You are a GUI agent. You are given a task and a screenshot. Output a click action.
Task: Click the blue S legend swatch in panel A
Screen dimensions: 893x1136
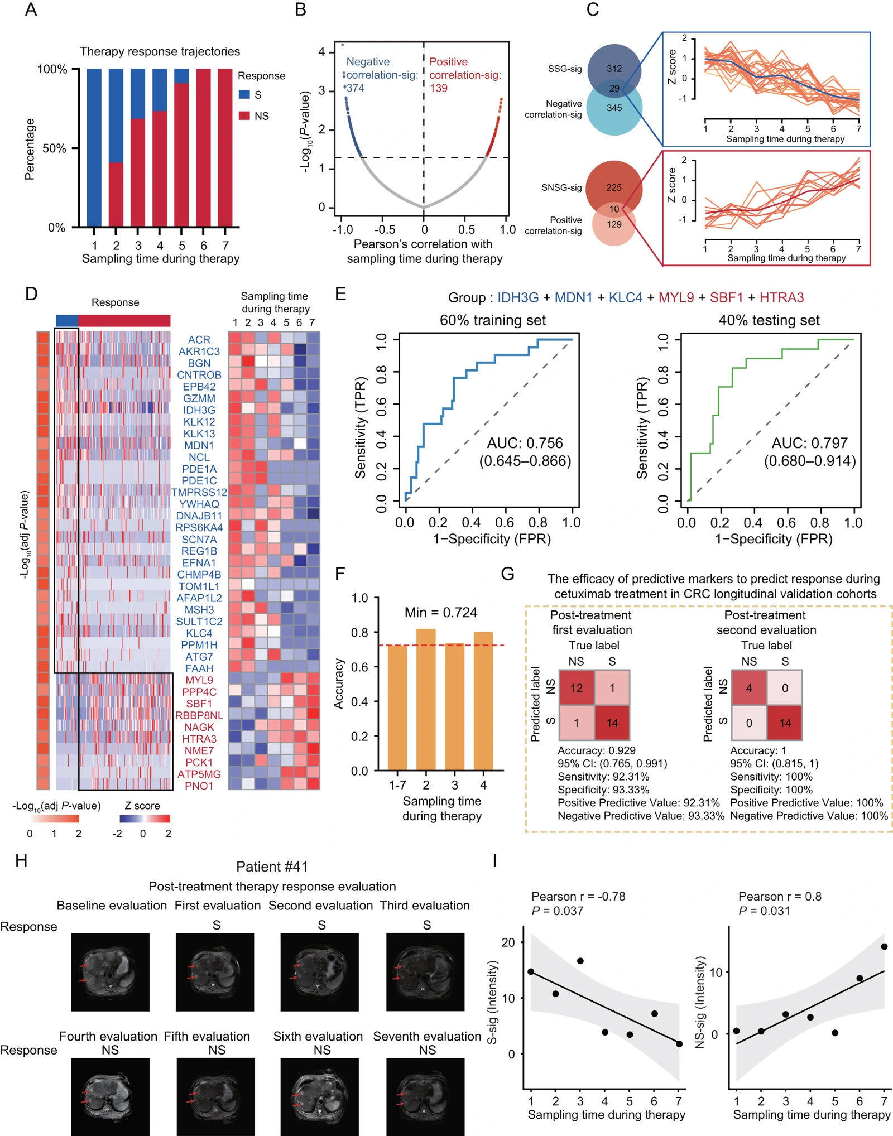coord(244,94)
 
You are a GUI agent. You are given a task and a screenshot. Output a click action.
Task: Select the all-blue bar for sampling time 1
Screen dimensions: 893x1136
coord(94,148)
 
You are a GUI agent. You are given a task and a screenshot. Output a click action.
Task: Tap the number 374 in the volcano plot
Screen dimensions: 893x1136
coord(355,88)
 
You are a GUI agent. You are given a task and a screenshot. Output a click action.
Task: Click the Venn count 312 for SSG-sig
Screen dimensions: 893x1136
coord(614,69)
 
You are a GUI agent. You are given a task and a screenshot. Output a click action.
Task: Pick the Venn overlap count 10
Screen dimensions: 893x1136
coord(614,209)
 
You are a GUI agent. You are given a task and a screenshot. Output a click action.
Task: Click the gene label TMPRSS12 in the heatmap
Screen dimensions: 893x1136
coord(199,492)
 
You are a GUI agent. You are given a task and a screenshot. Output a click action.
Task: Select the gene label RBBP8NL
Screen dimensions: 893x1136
coord(199,715)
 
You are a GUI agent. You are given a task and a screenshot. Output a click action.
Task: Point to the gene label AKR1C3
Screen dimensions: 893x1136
coord(199,352)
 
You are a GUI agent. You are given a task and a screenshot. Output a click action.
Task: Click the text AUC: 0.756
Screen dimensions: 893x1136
coord(525,443)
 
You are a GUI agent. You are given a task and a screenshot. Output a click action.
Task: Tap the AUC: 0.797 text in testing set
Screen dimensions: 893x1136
coord(810,443)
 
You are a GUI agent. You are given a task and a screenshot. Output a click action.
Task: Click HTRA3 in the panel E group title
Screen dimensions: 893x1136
coord(781,297)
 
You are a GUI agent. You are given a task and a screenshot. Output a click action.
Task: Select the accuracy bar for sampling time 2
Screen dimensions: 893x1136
coord(426,700)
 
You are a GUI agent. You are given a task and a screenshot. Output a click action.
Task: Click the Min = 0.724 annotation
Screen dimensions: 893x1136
coord(441,613)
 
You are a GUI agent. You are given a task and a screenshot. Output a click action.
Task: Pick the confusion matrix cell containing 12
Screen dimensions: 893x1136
coord(577,688)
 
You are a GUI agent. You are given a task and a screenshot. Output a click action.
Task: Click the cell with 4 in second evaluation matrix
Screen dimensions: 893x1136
coord(749,688)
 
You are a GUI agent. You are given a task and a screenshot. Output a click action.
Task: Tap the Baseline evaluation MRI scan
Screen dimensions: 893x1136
coord(111,972)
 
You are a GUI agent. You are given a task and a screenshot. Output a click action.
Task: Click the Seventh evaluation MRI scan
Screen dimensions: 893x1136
coord(425,1097)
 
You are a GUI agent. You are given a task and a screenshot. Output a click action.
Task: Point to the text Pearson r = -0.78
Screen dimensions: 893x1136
coord(578,896)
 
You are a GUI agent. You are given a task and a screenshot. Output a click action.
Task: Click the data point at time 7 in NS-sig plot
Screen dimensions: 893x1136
coord(884,946)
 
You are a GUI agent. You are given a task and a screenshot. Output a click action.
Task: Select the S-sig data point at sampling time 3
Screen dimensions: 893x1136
coord(580,961)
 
